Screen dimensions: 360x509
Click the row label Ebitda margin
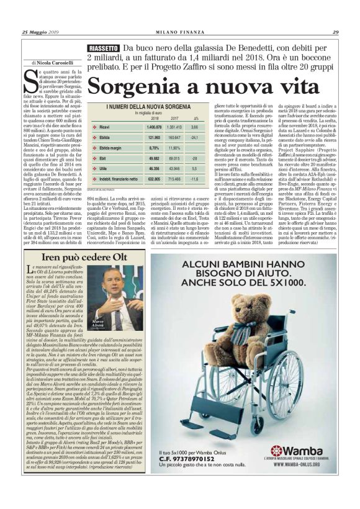click(x=110, y=148)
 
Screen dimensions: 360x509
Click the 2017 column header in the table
click(x=175, y=117)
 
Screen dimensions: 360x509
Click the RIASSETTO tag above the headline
click(x=104, y=48)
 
